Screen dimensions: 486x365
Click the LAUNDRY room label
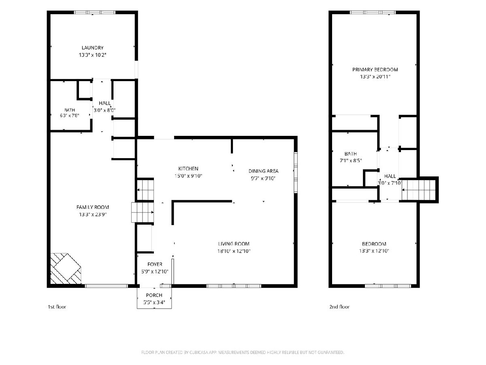[x=93, y=47]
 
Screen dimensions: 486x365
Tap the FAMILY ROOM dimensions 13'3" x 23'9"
[x=93, y=214]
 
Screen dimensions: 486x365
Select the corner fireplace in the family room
[x=66, y=268]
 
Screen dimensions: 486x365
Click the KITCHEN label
[x=188, y=169]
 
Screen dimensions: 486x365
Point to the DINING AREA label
[x=264, y=171]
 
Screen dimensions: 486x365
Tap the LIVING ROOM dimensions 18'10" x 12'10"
[x=234, y=251]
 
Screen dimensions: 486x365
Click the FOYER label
[x=155, y=264]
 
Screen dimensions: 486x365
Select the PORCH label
[x=154, y=295]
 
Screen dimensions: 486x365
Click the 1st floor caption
[x=57, y=307]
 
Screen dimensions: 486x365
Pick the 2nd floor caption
[x=339, y=307]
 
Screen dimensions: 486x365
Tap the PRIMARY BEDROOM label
[x=375, y=70]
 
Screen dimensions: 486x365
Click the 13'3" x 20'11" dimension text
[x=375, y=77]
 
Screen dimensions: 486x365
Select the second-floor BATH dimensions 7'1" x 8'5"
[x=351, y=161]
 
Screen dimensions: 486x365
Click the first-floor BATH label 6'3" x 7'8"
[x=70, y=113]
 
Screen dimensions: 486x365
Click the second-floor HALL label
[x=390, y=176]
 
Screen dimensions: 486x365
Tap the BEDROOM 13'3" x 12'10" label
[x=374, y=247]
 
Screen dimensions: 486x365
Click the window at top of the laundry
[x=95, y=13]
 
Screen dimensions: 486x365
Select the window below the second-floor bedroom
[x=388, y=286]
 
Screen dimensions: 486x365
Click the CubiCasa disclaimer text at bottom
[x=243, y=352]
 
